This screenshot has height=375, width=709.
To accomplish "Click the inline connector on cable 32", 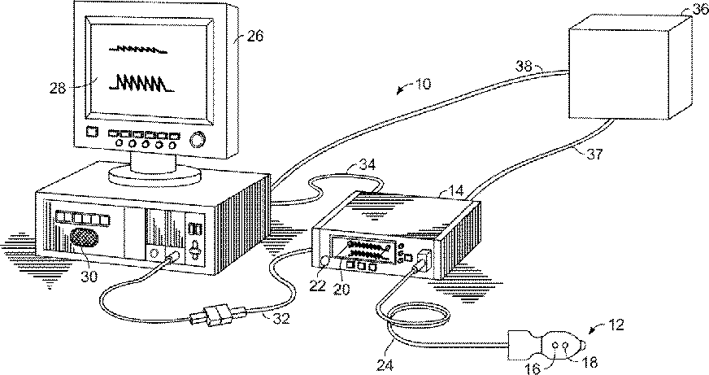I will click(x=217, y=313).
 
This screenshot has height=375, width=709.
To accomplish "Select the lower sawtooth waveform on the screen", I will click(x=143, y=83).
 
